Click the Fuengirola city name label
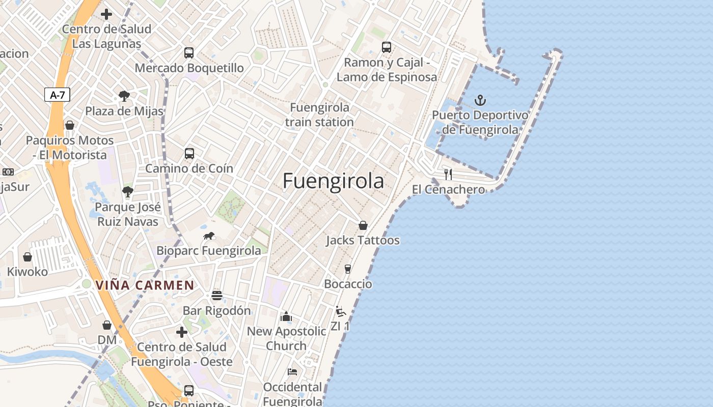tap(333, 181)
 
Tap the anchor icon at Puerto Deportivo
tap(480, 100)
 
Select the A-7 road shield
tap(57, 95)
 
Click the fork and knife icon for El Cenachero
tap(448, 175)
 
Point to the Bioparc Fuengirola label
tap(208, 250)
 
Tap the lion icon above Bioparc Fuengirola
tap(209, 236)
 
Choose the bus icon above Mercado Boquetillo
tap(189, 52)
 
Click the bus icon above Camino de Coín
tap(189, 153)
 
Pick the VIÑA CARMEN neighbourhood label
tap(145, 285)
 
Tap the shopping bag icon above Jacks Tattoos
tap(363, 225)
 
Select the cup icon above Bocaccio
tap(348, 269)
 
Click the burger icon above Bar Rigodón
tap(217, 296)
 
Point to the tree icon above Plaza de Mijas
tap(124, 96)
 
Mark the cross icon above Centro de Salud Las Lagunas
tap(106, 14)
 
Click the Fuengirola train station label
tap(319, 115)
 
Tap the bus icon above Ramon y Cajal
tap(387, 47)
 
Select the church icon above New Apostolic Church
tap(286, 316)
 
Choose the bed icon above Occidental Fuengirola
tap(292, 372)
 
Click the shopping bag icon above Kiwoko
tap(28, 257)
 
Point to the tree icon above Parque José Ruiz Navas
tap(127, 192)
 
